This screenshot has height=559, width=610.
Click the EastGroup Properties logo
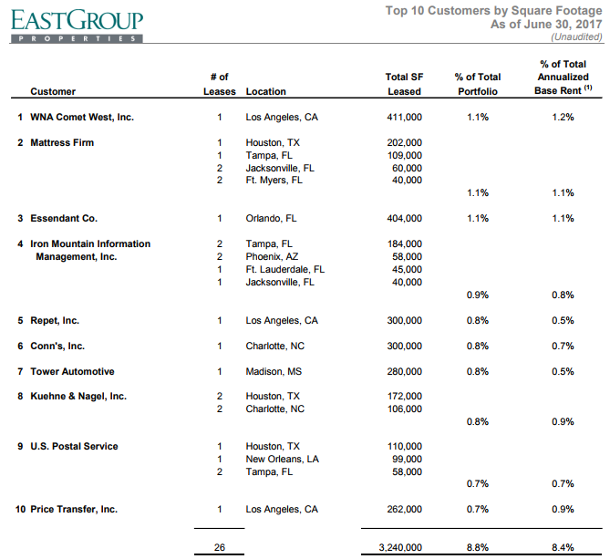[x=77, y=26]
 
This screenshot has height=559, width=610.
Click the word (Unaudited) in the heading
[x=576, y=37]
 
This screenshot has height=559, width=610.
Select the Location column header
[x=265, y=91]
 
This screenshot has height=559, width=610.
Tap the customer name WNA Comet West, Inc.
[x=82, y=117]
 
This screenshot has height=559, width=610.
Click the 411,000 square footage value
[x=404, y=117]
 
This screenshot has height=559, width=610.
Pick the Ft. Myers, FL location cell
[x=274, y=181]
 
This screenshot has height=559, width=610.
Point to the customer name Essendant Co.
[x=64, y=218]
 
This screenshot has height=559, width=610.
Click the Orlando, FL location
[x=271, y=218]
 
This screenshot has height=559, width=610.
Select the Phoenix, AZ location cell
[x=272, y=257]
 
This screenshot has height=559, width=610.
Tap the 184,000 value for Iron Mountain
[x=405, y=243]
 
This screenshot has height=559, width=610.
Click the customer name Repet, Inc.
[x=55, y=321]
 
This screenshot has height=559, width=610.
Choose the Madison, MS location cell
[x=274, y=371]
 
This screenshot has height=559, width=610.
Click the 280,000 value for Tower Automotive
[x=404, y=371]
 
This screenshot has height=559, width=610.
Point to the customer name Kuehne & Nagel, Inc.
[x=78, y=396]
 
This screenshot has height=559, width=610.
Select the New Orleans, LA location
[x=282, y=459]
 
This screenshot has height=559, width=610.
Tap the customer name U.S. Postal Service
[x=74, y=446]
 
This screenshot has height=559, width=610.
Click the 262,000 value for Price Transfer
[x=404, y=509]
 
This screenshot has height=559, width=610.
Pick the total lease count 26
[x=220, y=547]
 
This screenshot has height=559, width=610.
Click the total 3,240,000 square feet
[x=400, y=547]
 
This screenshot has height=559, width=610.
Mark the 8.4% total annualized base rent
[x=563, y=547]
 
